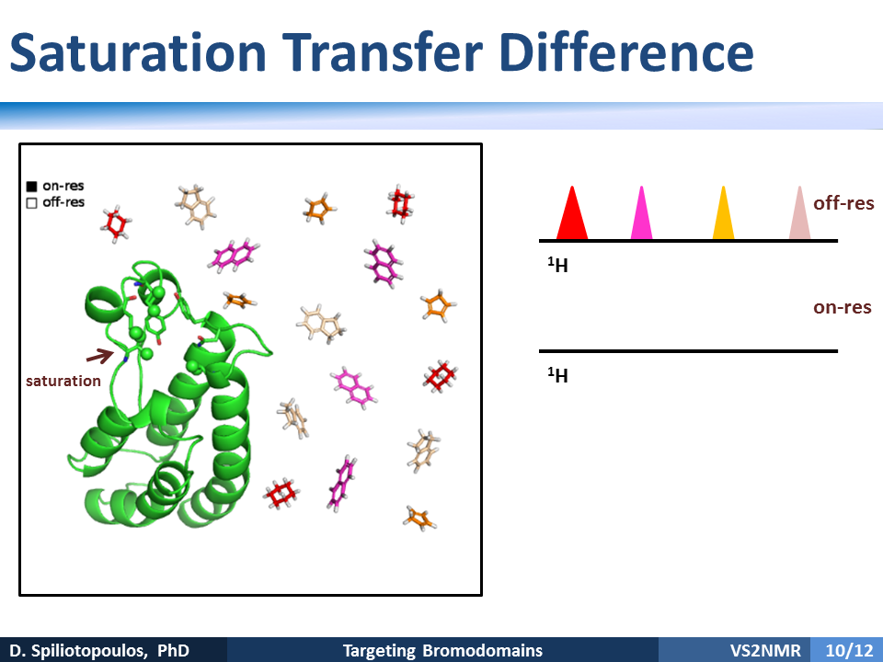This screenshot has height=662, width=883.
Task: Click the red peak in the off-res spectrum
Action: [x=572, y=217]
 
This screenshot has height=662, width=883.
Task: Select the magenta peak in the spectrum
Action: [x=641, y=217]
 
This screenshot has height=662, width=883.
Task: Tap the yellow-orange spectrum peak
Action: [x=723, y=217]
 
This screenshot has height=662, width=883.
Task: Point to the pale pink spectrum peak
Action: [x=799, y=217]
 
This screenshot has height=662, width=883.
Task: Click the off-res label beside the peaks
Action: [x=843, y=202]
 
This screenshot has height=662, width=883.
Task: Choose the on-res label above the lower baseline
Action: [x=843, y=307]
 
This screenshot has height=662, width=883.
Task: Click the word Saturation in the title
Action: [x=138, y=52]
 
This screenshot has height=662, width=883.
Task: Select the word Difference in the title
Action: [x=626, y=52]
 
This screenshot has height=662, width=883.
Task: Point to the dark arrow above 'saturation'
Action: [x=100, y=356]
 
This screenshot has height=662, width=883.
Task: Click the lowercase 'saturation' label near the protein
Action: [x=63, y=381]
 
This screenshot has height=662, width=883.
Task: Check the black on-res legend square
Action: [x=31, y=187]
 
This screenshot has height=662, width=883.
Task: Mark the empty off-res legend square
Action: [x=31, y=202]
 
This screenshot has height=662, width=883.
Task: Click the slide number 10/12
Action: [x=849, y=651]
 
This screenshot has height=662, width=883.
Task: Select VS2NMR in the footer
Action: [x=765, y=651]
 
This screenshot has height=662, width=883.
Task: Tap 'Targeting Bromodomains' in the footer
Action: [x=442, y=651]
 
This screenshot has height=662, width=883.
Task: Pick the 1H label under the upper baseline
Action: [x=557, y=265]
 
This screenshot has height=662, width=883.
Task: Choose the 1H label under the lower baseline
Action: [x=557, y=375]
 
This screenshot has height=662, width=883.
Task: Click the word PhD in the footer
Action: [x=173, y=651]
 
